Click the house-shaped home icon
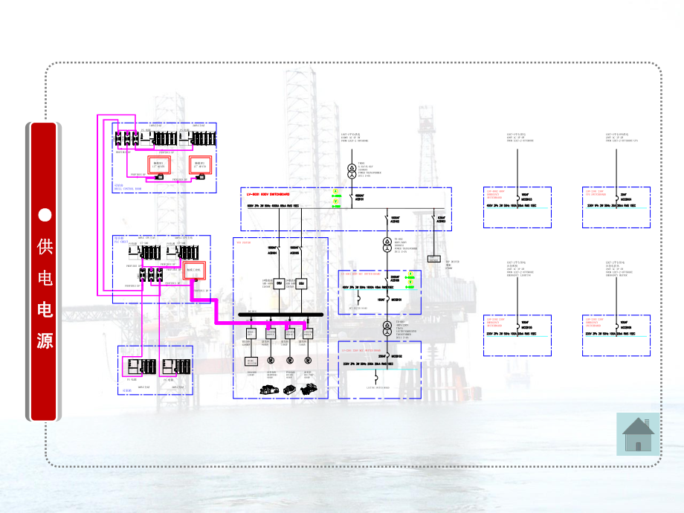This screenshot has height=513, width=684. coord(639,434)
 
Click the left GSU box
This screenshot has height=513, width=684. coord(279,283)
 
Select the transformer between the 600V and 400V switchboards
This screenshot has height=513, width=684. coord(387,247)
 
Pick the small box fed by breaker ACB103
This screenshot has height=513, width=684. coord(434,259)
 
